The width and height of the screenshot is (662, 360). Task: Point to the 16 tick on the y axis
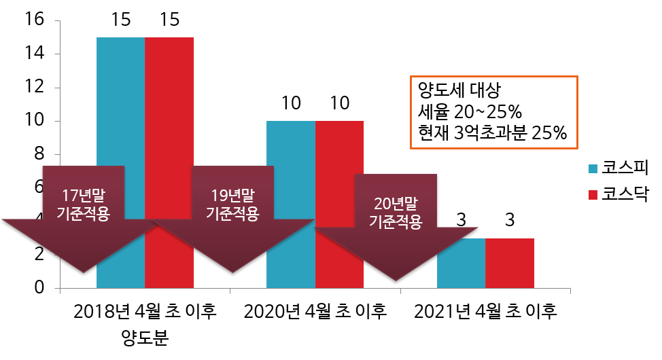pyautogui.click(x=34, y=20)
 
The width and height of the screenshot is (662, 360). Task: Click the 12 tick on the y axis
pyautogui.click(x=34, y=88)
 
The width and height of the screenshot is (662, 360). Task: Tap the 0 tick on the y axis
pyautogui.click(x=39, y=288)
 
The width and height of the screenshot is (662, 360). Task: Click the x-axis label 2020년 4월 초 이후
pyautogui.click(x=315, y=312)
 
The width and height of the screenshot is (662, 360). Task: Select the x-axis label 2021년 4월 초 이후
pyautogui.click(x=485, y=312)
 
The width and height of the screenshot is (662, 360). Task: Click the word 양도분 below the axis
pyautogui.click(x=145, y=337)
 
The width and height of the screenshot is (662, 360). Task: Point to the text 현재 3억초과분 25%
pyautogui.click(x=489, y=132)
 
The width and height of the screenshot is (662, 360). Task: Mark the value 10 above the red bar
pyautogui.click(x=339, y=104)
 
